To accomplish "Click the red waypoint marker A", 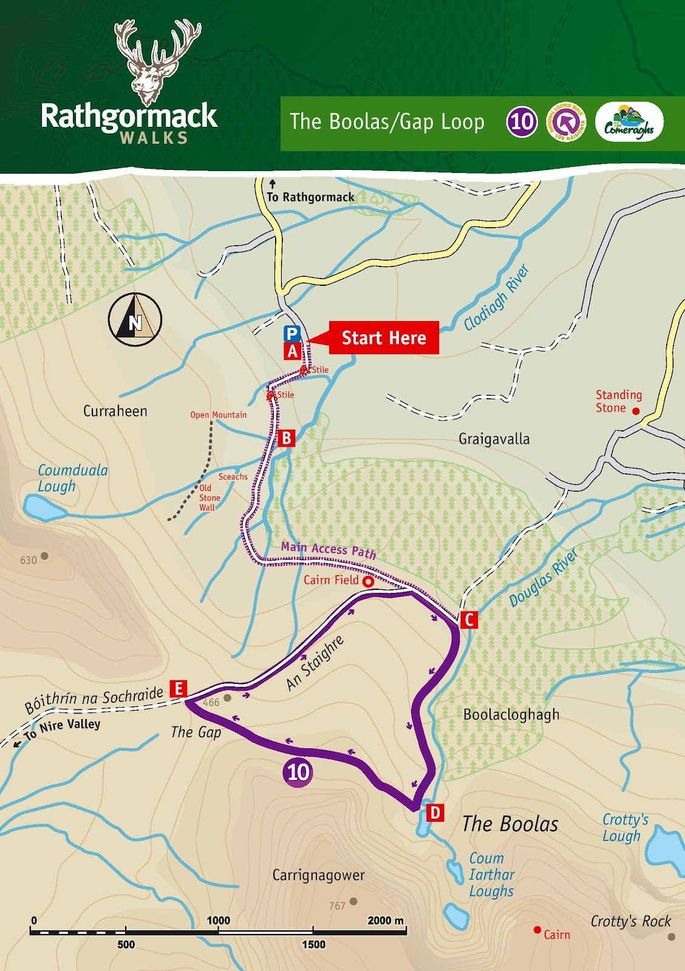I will [x=293, y=351].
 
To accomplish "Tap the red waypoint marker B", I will [x=287, y=438].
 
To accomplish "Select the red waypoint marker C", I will [x=468, y=620].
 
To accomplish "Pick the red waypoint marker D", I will [x=435, y=813].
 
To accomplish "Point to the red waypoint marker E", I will [x=178, y=688].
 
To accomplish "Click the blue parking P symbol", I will [x=292, y=334].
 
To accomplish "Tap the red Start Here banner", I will [x=383, y=338].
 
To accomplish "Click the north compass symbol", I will [x=135, y=320].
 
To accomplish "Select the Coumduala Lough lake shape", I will [x=44, y=508].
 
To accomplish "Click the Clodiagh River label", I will [x=496, y=297].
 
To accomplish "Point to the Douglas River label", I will [x=543, y=578].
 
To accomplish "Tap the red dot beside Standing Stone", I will [x=636, y=411].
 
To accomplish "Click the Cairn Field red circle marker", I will [x=368, y=581].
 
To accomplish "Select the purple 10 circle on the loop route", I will [x=298, y=773].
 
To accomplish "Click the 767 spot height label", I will [x=337, y=906].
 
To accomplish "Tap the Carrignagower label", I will [x=318, y=875].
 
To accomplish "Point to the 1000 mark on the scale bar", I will [x=218, y=921].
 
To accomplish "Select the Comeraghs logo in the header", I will [x=629, y=122].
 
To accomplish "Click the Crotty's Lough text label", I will [x=624, y=828].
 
